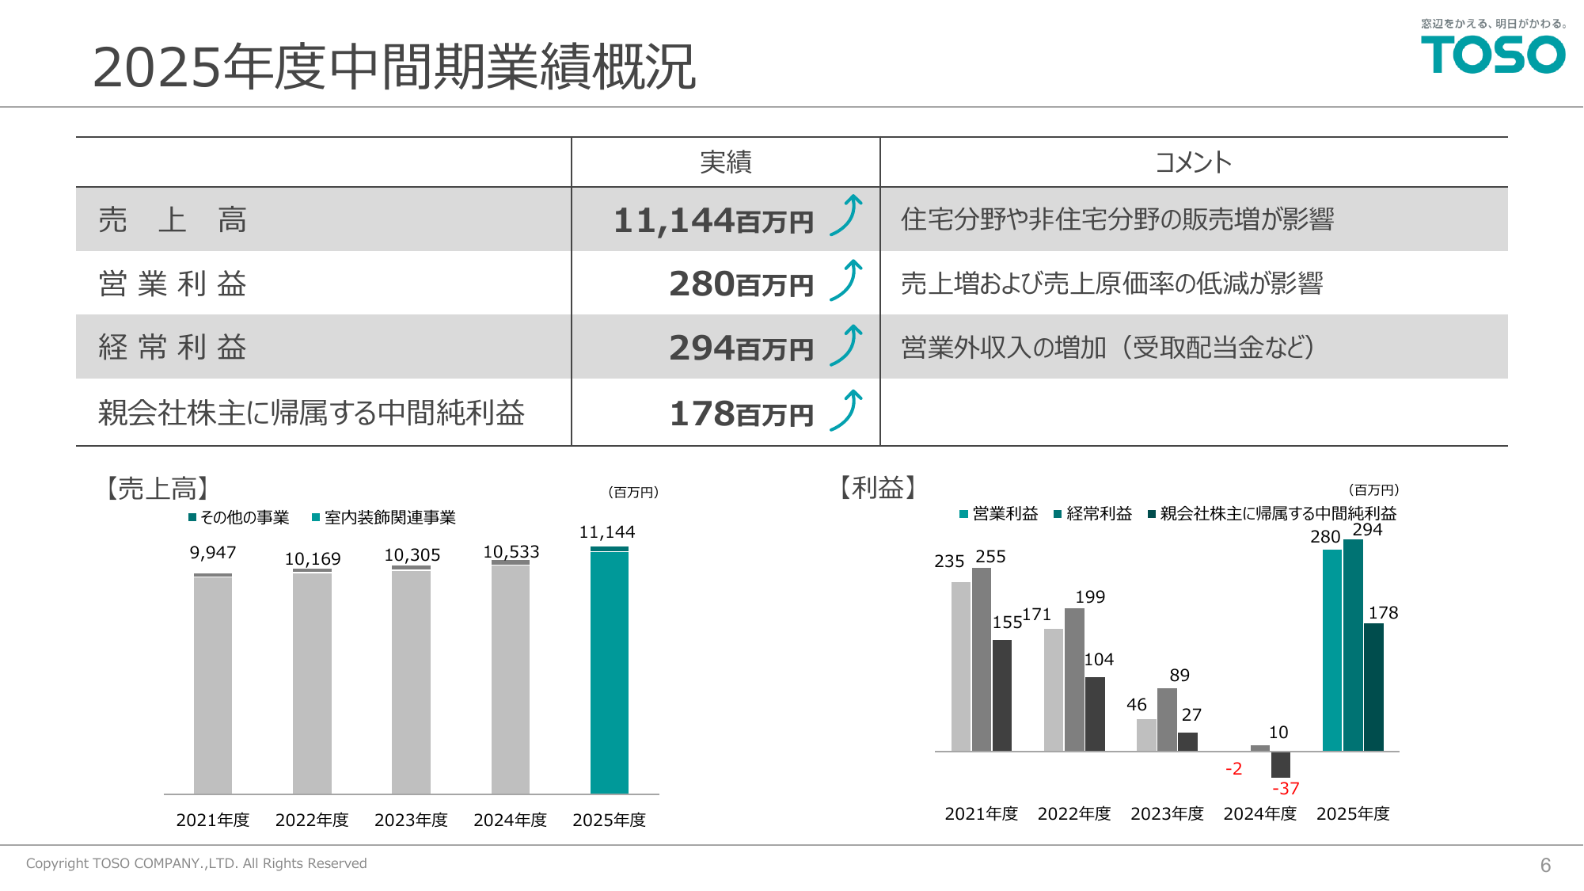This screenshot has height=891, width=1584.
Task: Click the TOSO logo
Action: (1492, 55)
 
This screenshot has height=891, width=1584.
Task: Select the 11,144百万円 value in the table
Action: (713, 220)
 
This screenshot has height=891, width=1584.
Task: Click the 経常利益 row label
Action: (173, 348)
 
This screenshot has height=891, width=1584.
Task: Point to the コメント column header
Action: (1193, 162)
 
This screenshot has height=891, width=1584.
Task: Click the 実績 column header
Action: (725, 162)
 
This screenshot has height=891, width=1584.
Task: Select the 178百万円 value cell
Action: (741, 413)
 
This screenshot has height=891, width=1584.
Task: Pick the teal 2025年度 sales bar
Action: (609, 672)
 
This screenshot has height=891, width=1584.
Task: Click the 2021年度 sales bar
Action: (212, 684)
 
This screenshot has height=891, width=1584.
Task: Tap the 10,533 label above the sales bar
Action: (511, 551)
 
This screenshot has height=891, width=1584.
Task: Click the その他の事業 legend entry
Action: (239, 517)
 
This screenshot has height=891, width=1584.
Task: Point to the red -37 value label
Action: (1285, 788)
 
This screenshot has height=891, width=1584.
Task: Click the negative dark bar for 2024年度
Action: (1280, 764)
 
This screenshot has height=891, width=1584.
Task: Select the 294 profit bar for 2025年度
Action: (1353, 645)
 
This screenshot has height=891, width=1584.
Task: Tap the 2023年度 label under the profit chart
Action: (1167, 813)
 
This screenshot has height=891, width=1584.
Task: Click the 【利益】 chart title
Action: (877, 487)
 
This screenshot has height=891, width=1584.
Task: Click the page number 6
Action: (1545, 865)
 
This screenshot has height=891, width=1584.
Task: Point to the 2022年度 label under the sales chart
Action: (312, 820)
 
